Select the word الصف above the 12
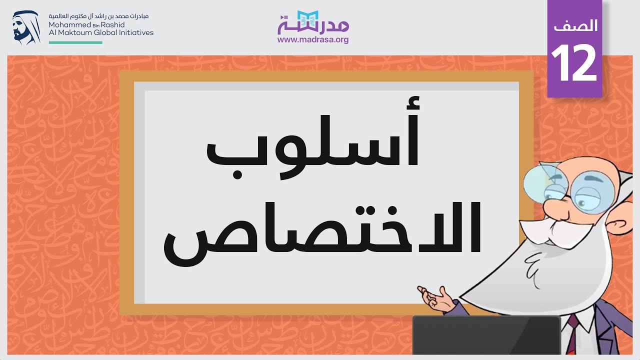click(575, 26)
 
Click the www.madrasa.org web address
click(313, 40)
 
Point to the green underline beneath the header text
click(75, 42)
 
